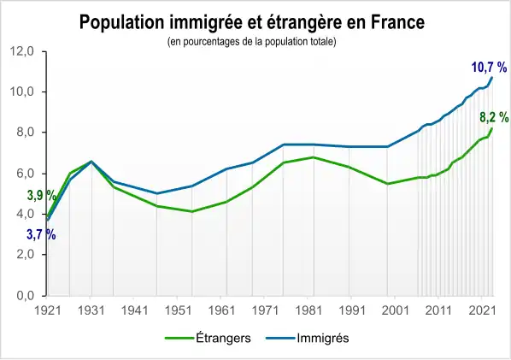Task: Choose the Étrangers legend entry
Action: [x=209, y=338]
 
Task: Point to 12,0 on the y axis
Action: [x=22, y=51]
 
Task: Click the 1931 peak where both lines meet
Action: [x=91, y=161]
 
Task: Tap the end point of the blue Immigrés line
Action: [x=492, y=78]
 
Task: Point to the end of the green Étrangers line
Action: [x=492, y=128]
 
